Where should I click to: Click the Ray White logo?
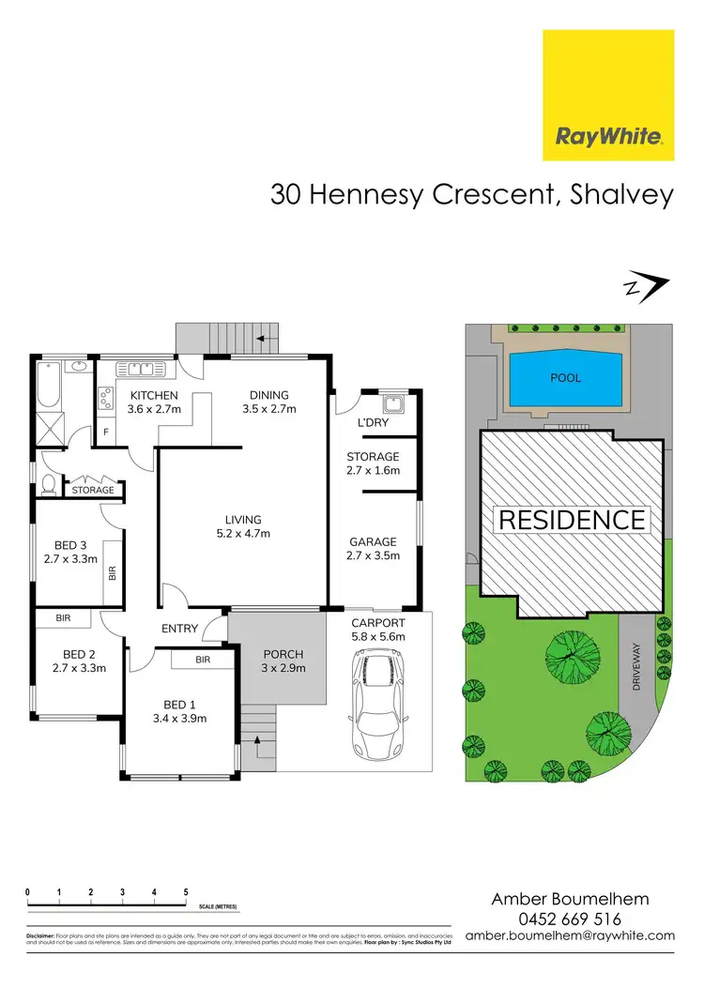click(x=609, y=95)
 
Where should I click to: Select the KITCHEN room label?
click(x=154, y=395)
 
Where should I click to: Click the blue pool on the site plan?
click(x=565, y=379)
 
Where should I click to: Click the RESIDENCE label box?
click(x=571, y=520)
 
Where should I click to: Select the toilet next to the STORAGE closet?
click(x=47, y=486)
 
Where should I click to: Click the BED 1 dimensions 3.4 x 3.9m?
click(x=178, y=719)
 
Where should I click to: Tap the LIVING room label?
click(x=242, y=519)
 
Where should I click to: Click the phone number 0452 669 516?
click(x=570, y=919)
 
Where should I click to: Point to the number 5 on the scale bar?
click(x=186, y=892)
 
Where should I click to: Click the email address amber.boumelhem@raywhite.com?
click(x=570, y=935)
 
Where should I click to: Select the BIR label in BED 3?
click(x=113, y=571)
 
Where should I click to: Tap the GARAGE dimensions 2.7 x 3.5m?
click(x=373, y=555)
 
